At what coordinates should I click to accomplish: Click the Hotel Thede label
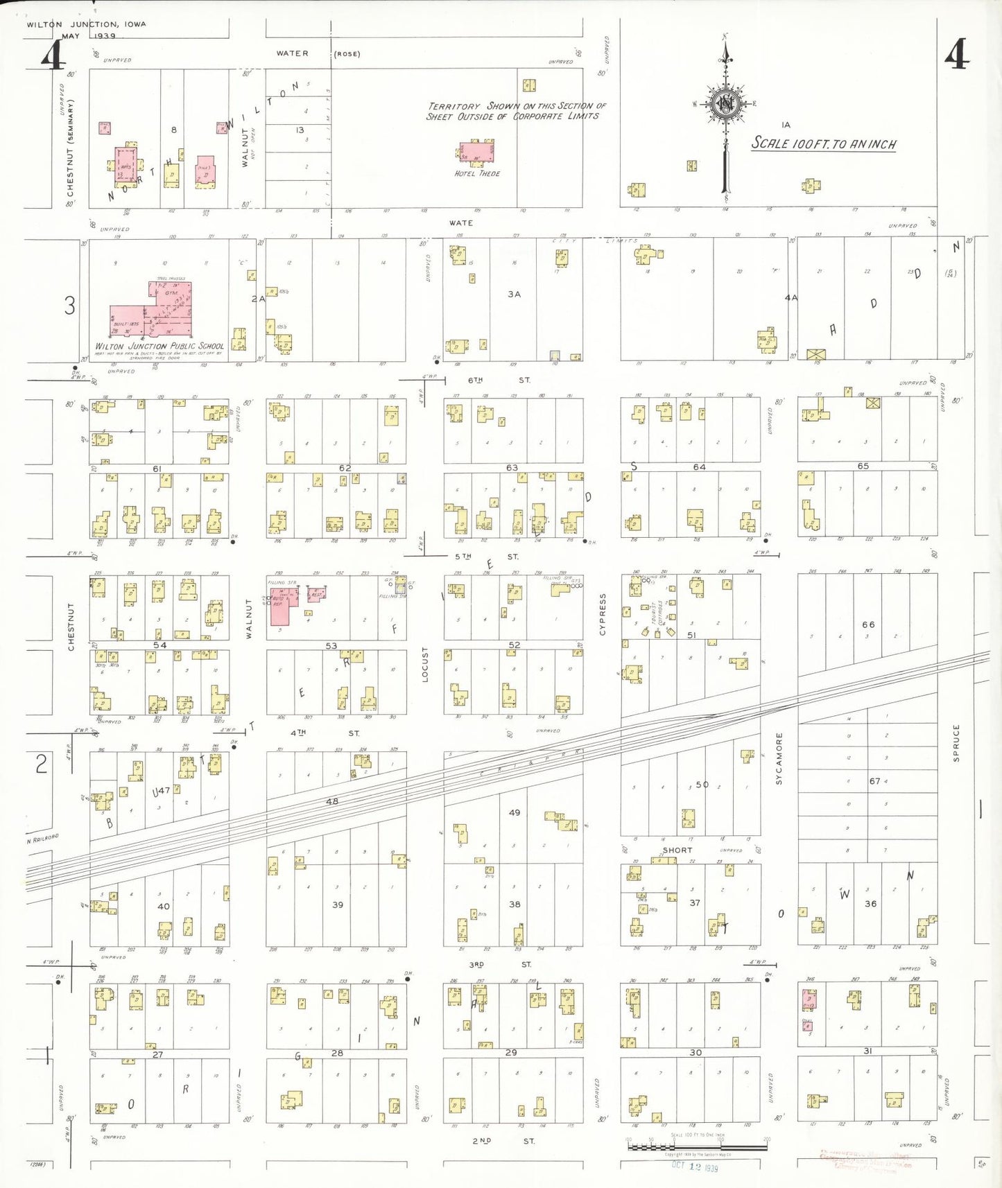(477, 173)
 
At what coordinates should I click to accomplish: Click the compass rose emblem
(726, 105)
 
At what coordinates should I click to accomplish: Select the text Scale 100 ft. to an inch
(824, 143)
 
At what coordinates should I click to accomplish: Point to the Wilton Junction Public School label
(159, 346)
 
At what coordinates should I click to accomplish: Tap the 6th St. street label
(499, 380)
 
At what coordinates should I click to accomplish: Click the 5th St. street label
(486, 557)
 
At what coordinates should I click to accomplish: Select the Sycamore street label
(779, 758)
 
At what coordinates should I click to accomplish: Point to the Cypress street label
(603, 614)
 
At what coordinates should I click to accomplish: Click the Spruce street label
(956, 743)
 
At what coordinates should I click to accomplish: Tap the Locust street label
(425, 665)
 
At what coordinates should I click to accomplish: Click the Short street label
(677, 850)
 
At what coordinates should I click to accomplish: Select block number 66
(868, 624)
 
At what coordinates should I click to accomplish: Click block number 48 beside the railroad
(332, 801)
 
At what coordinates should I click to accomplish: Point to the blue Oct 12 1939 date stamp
(695, 1167)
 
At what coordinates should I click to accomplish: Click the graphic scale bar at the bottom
(697, 1146)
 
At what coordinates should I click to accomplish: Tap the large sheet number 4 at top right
(956, 54)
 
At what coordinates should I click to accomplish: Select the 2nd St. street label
(503, 1141)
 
